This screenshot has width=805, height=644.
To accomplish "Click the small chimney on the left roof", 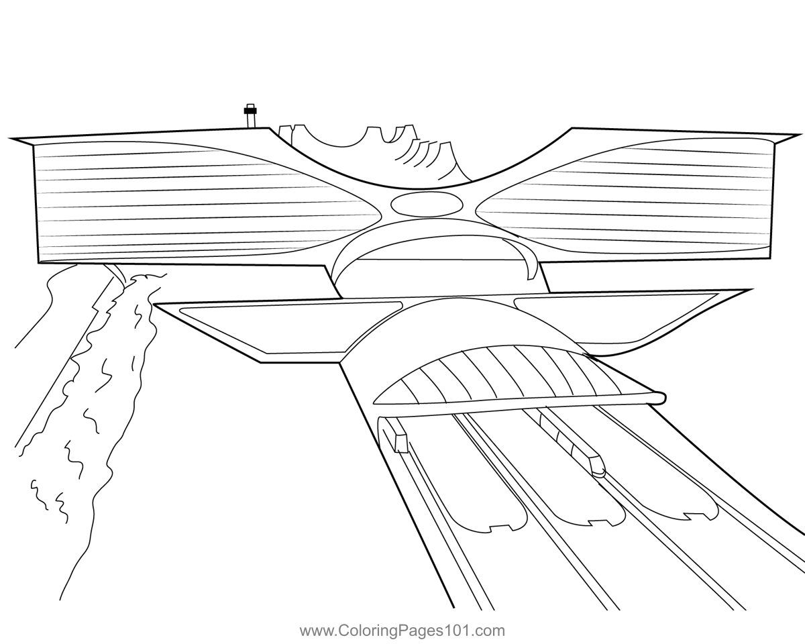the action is pyautogui.click(x=250, y=116).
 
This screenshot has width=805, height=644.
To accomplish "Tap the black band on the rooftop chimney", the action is pyautogui.click(x=250, y=111).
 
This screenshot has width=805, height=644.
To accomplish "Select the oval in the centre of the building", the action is pyautogui.click(x=427, y=205).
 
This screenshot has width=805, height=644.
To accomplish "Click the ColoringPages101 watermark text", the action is pyautogui.click(x=402, y=631).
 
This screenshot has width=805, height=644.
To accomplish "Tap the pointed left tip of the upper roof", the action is pyautogui.click(x=9, y=139).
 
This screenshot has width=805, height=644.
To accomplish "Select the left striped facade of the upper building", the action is pyautogui.click(x=195, y=202).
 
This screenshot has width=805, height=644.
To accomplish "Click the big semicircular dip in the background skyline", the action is pyautogui.click(x=336, y=136).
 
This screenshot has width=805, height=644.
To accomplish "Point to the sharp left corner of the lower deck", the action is pyautogui.click(x=154, y=305).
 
